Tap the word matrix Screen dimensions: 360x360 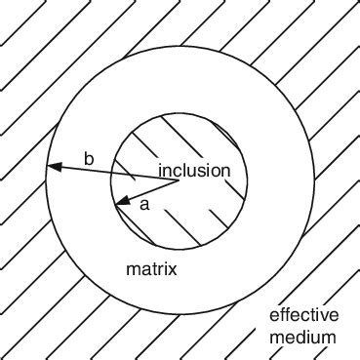pos(151,268)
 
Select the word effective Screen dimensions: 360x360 pos(303,315)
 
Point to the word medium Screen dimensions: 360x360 pos(303,339)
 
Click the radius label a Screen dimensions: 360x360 pos(145,204)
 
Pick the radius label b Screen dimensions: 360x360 pos(89,158)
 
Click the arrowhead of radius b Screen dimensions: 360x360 pos(51,168)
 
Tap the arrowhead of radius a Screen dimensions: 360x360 pos(120,202)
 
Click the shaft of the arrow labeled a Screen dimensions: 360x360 pos(151,191)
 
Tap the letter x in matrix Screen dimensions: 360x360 pos(173,268)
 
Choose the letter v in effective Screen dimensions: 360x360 pos(320,315)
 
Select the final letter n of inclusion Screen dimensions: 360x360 pos(225,171)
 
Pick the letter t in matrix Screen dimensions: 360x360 pos(154,268)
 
